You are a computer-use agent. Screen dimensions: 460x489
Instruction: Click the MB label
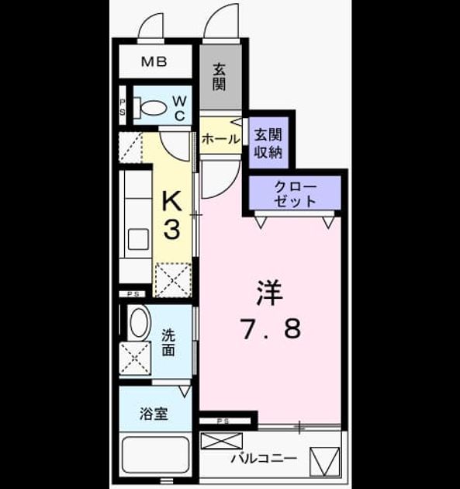(x=154, y=61)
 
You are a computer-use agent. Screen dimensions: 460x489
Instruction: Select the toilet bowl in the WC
(x=150, y=108)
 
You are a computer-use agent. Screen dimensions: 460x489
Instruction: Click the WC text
(x=179, y=108)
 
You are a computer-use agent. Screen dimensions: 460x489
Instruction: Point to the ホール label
(x=221, y=139)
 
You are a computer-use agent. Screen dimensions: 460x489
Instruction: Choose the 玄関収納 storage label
(x=268, y=143)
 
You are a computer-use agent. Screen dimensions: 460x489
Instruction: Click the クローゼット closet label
(x=295, y=194)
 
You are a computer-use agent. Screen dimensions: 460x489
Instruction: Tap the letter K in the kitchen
(x=172, y=201)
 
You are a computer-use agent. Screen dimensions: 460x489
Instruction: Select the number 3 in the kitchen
(x=172, y=229)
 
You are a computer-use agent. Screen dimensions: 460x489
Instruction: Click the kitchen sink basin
(x=138, y=239)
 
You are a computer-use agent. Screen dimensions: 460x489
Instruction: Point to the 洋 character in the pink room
(x=270, y=293)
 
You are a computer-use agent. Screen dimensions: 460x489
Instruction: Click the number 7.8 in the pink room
(x=271, y=328)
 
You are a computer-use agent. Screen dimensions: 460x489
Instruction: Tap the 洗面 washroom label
(x=168, y=343)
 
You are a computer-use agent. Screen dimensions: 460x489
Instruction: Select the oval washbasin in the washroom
(x=139, y=322)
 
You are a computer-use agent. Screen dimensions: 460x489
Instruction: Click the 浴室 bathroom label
(x=154, y=414)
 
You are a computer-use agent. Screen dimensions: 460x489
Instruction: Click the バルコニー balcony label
(x=264, y=459)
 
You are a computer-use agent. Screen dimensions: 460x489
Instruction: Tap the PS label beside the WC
(x=122, y=107)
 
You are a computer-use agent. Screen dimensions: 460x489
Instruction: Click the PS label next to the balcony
(x=223, y=421)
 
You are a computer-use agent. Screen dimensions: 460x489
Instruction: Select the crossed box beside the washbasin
(x=135, y=357)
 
